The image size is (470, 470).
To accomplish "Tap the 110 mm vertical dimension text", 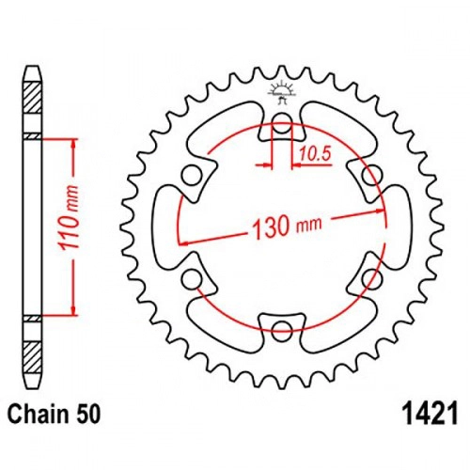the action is coord(69,217).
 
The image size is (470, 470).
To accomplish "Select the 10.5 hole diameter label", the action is coord(315,154).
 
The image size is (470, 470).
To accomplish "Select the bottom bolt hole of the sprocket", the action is coord(282,330).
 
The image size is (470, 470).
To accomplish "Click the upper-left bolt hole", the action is coord(192,175).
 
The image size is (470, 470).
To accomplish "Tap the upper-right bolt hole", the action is coord(372,175).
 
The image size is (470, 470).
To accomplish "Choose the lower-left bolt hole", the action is coord(192,278).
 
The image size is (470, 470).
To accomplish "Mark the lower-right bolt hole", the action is coord(372,278).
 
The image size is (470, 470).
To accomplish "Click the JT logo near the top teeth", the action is coord(282,91).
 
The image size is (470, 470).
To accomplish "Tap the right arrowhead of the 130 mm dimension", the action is coord(380,211).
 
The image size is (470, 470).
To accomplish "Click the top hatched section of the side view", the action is coord(33,98).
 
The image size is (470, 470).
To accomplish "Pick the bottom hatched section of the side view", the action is coord(33,357).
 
